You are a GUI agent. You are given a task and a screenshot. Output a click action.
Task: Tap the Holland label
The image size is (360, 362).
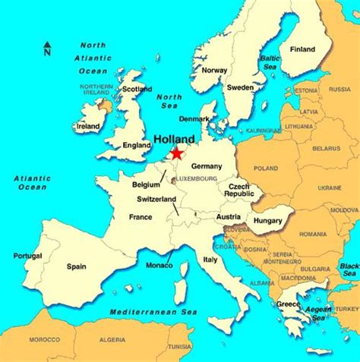click(173, 140)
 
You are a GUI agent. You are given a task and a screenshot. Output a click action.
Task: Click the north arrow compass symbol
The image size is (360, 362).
click(47, 49)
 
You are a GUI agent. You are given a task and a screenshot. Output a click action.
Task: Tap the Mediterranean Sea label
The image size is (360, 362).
click(149, 312)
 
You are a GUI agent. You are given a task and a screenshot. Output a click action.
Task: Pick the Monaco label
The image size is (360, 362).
click(159, 266)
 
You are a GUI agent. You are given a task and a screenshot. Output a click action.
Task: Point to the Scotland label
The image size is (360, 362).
click(137, 88)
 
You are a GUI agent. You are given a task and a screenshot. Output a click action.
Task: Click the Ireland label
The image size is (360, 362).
click(90, 126)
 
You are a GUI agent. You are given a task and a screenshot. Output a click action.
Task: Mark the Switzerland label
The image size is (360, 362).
click(156, 200)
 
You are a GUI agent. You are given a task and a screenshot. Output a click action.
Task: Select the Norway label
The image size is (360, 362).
click(213, 70)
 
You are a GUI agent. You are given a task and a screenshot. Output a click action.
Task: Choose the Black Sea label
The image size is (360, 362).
click(349, 270)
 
